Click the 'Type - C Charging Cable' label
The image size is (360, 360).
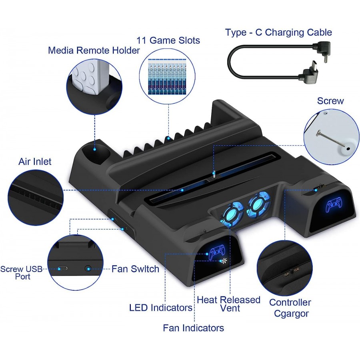(x=278, y=32)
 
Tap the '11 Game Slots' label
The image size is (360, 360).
(x=168, y=40)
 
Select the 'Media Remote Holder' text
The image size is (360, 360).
(x=94, y=50)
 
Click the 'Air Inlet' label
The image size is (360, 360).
(x=35, y=162)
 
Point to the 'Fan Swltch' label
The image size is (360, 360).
(x=135, y=269)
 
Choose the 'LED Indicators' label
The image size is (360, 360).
(x=161, y=308)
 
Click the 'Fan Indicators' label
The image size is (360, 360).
(x=193, y=328)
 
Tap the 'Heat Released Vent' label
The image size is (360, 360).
(x=229, y=304)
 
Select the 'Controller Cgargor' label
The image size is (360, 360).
(x=290, y=308)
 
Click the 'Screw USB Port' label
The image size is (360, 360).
(x=22, y=272)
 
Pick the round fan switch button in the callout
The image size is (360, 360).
(x=88, y=268)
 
